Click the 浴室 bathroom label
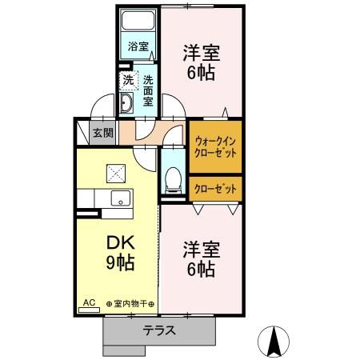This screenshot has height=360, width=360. click(x=138, y=47)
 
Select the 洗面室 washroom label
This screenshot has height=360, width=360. click(x=150, y=90)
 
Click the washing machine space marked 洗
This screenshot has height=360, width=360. click(x=128, y=81)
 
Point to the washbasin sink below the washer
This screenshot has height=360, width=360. click(x=128, y=104)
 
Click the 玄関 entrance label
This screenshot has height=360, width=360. click(x=102, y=133)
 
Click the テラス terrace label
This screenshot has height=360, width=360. click(x=160, y=330)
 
